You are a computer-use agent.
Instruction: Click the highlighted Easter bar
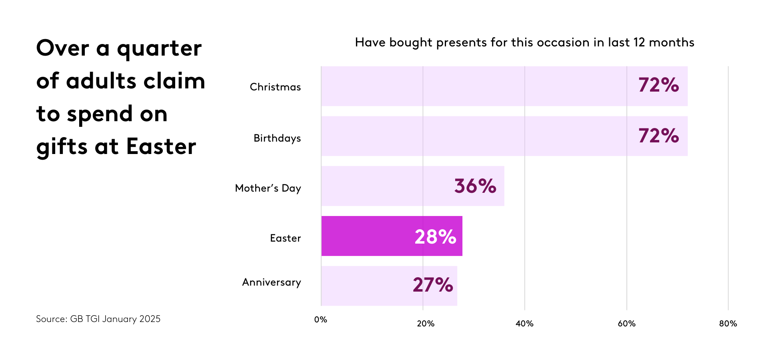[368, 236]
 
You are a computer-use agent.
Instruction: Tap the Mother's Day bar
[384, 186]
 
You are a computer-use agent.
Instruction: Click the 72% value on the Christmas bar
[658, 85]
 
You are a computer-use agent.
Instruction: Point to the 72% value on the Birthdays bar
[658, 136]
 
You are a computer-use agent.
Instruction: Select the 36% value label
[475, 186]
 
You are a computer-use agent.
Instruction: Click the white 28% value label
[435, 236]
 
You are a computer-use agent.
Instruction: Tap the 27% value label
[433, 285]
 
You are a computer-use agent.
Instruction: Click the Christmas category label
[275, 87]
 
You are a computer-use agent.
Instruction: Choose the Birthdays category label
[277, 138]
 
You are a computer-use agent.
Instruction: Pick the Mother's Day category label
[268, 188]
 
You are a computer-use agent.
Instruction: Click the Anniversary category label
[272, 282]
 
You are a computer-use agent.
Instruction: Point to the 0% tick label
[321, 320]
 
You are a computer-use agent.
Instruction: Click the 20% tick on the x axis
[426, 324]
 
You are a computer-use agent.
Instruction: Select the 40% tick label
[524, 324]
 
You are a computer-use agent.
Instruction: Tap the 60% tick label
[626, 324]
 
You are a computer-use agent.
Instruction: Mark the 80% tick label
[728, 324]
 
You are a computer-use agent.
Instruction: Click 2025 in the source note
[150, 319]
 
